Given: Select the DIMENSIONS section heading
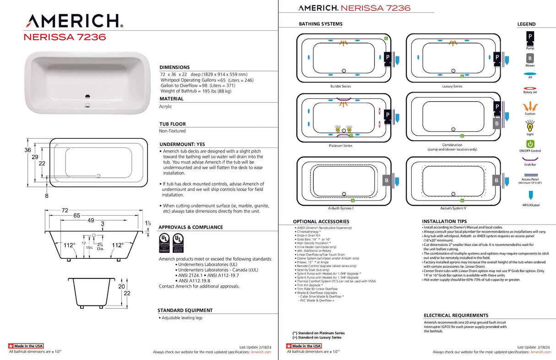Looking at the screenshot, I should (174, 67).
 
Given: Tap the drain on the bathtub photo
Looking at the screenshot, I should (87, 97).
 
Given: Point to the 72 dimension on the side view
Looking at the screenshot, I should (65, 210).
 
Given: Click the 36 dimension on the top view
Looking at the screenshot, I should (27, 150).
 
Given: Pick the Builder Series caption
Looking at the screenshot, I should (340, 86).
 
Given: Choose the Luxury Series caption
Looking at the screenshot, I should (452, 86).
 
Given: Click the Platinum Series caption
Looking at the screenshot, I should (340, 146).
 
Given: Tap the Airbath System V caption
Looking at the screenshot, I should (452, 208).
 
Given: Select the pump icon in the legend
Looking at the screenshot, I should (530, 36).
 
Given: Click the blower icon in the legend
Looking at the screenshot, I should (530, 59).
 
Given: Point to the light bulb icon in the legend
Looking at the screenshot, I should (530, 125).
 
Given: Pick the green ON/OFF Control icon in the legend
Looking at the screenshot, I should (530, 144).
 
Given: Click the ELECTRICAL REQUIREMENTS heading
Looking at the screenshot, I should (456, 316).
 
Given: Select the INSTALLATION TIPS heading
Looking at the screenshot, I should (444, 221).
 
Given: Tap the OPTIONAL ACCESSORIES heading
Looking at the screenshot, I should (321, 222).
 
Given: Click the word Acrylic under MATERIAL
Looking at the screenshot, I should (166, 106).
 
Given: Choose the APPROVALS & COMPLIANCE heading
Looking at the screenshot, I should (191, 227).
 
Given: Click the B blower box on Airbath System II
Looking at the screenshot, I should (386, 181).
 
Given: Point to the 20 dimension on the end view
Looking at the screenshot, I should (121, 286).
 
